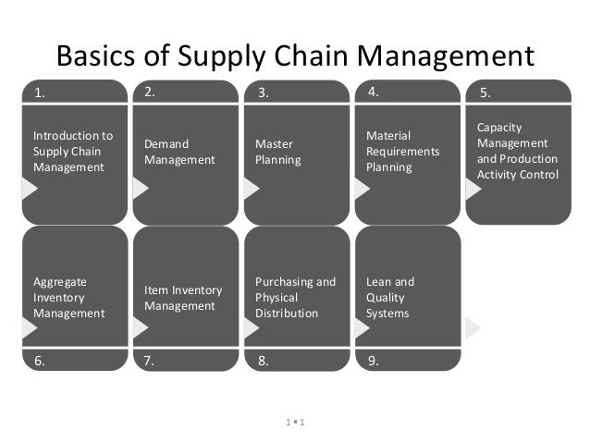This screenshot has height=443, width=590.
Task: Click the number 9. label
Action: (373, 362)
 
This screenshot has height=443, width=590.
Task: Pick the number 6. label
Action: (40, 362)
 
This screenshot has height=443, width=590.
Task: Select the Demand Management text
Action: (179, 152)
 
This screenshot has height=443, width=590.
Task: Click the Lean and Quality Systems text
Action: (389, 297)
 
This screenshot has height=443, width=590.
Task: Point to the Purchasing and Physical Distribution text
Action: (295, 297)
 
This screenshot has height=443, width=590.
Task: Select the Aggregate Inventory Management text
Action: (68, 297)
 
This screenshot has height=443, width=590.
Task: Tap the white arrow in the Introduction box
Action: (30, 188)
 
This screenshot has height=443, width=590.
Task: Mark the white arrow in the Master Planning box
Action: (251, 188)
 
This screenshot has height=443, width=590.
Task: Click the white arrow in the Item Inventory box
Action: (141, 327)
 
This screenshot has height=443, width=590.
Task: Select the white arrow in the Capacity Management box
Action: (473, 188)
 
